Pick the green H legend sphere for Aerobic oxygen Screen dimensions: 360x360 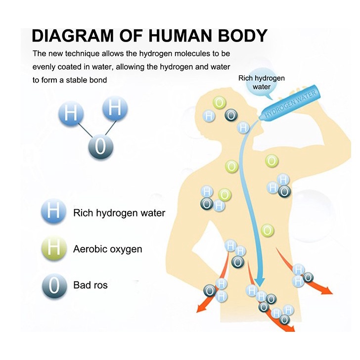pos(53,249)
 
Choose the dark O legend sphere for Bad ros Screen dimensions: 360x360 pos(53,284)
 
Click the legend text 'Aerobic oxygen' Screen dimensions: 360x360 pos(107,249)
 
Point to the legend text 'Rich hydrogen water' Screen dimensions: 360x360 pos(119,213)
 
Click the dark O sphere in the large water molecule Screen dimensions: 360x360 pos(101,147)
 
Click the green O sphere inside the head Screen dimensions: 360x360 pos(220,102)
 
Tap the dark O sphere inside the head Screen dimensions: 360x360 pos(230,115)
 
